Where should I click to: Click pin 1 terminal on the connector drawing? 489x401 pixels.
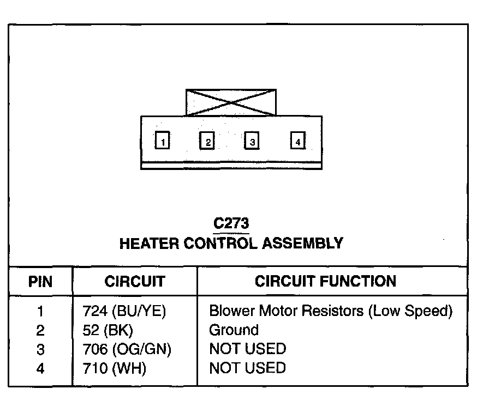(162, 141)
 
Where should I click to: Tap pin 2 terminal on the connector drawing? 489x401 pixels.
(207, 141)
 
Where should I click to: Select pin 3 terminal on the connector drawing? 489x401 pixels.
(252, 141)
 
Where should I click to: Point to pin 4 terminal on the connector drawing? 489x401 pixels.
(297, 141)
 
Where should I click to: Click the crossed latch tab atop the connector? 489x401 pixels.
(231, 102)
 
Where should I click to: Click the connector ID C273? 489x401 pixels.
(231, 224)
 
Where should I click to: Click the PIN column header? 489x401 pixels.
(40, 282)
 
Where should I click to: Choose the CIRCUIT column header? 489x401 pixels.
(134, 282)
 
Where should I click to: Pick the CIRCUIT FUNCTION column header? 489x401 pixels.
(325, 282)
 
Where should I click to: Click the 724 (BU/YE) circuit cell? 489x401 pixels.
(123, 311)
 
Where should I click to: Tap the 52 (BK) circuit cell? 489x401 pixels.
(108, 330)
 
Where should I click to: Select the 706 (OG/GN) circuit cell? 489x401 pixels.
(127, 349)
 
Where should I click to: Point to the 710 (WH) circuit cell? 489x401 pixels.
(114, 368)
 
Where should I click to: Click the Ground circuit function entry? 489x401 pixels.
(234, 330)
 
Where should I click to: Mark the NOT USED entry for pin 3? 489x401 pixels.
(247, 349)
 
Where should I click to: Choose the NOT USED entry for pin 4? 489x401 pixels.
(247, 368)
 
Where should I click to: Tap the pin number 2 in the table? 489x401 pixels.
(40, 330)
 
